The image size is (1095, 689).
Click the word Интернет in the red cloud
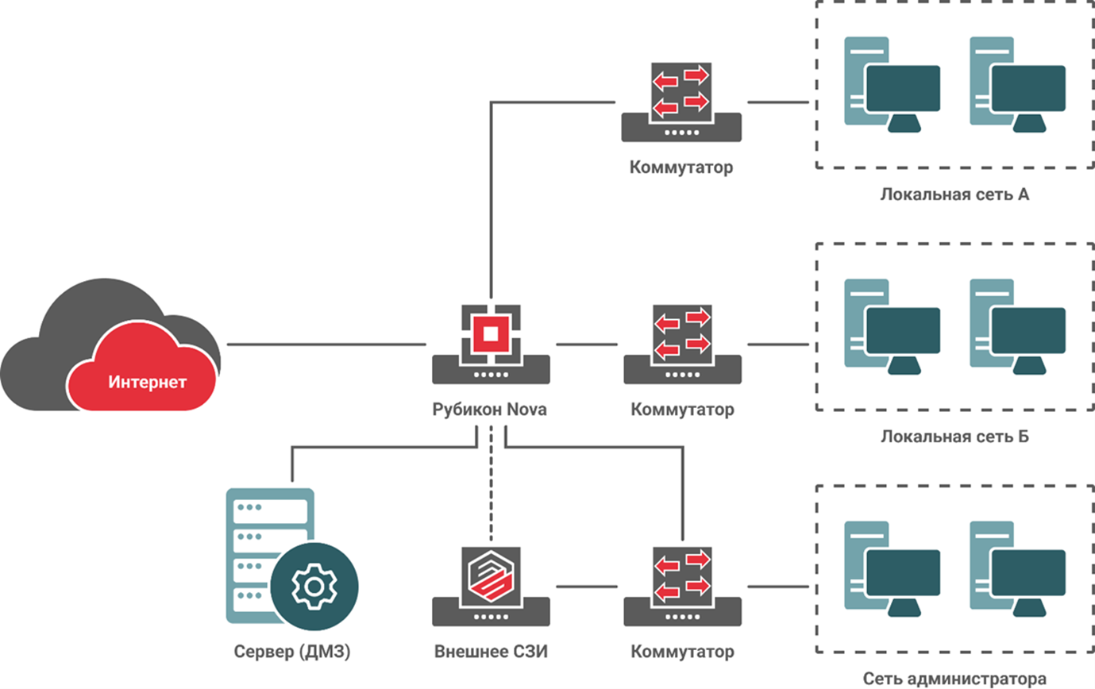pyautogui.click(x=148, y=383)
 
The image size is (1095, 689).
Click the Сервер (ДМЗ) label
pyautogui.click(x=292, y=652)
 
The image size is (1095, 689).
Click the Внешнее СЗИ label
pyautogui.click(x=492, y=652)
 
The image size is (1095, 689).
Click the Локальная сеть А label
pyautogui.click(x=954, y=194)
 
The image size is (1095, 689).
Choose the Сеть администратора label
pyautogui.click(x=954, y=679)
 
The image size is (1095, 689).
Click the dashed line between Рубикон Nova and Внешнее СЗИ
pyautogui.click(x=491, y=484)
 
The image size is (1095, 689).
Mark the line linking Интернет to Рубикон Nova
pyautogui.click(x=326, y=344)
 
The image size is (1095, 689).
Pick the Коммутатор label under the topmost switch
pyautogui.click(x=681, y=168)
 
